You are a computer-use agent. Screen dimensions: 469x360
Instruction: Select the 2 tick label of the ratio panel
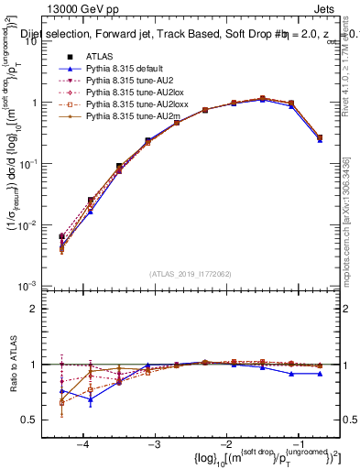pyautogui.click(x=42, y=309)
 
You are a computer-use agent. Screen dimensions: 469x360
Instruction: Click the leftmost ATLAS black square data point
pyautogui.click(x=61, y=236)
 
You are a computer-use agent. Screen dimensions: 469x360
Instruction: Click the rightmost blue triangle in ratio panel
pyautogui.click(x=319, y=374)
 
